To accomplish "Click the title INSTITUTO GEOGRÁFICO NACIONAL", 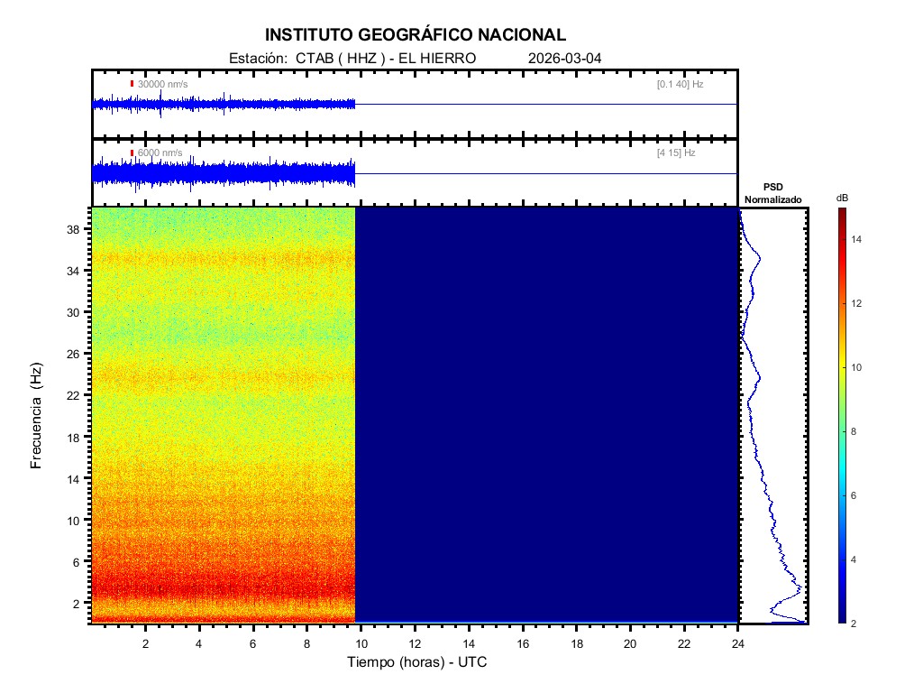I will point(416,35).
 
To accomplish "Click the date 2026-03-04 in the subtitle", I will point(565,58).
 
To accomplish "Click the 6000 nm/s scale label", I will point(160,153).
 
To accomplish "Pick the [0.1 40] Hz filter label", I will point(681,84).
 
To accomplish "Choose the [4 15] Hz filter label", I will point(676,153).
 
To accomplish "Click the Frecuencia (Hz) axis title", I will point(37,415).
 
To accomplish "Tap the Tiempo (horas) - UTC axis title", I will point(417,662).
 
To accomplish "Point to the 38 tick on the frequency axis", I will point(76,229).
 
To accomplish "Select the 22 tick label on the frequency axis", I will point(76,395).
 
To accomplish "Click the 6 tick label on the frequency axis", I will point(79,561).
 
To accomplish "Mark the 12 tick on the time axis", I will point(415,643).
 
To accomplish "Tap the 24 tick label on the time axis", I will point(738,643).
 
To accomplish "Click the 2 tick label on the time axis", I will point(145,643).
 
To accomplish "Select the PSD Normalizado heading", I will point(772,193).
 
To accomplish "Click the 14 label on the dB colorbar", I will point(858,239).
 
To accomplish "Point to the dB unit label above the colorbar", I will point(842,198).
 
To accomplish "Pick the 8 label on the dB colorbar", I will point(855,432).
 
